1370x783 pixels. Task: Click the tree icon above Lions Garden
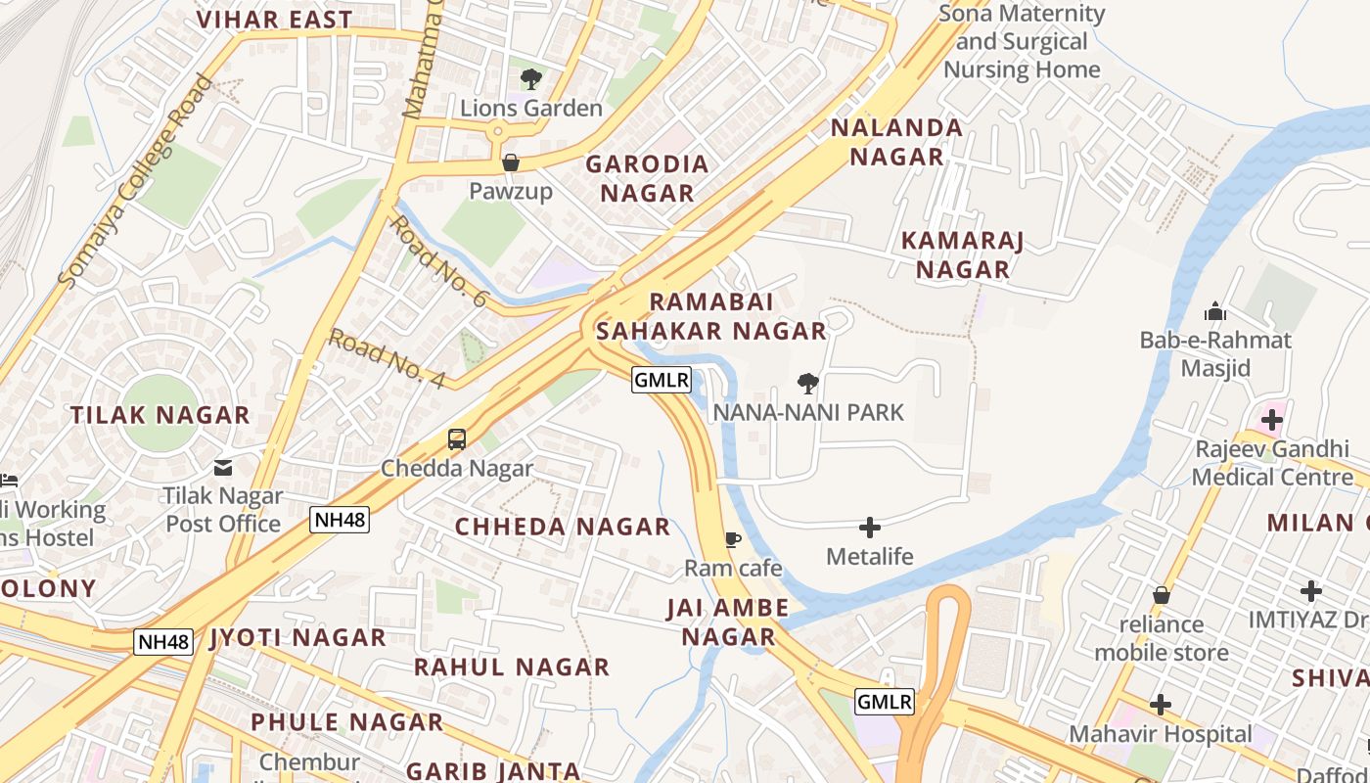tap(530, 79)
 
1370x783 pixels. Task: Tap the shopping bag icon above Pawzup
tap(510, 162)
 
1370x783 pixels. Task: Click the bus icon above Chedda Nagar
tap(457, 439)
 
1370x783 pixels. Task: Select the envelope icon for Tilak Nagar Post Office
tap(223, 468)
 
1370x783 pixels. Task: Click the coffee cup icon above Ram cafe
tap(732, 539)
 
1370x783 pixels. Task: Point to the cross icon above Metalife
tap(869, 529)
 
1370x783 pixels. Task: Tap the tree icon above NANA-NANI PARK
tap(807, 384)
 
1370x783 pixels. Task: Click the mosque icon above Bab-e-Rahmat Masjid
tap(1215, 312)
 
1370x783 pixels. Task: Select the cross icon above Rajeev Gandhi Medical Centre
tap(1271, 421)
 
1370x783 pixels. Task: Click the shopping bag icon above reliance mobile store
tap(1161, 595)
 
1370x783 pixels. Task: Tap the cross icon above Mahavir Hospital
tap(1160, 705)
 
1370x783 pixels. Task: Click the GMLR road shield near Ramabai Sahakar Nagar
tap(662, 380)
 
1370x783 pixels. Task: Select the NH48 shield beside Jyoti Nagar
tap(163, 642)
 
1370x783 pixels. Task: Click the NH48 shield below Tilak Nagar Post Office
tap(340, 520)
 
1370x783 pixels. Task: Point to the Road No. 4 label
tap(387, 358)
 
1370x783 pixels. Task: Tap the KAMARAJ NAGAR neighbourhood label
tap(962, 254)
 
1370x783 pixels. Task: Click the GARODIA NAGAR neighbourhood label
tap(647, 178)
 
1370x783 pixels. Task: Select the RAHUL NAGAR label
tap(511, 668)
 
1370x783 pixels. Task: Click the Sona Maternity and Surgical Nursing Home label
tap(1022, 42)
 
